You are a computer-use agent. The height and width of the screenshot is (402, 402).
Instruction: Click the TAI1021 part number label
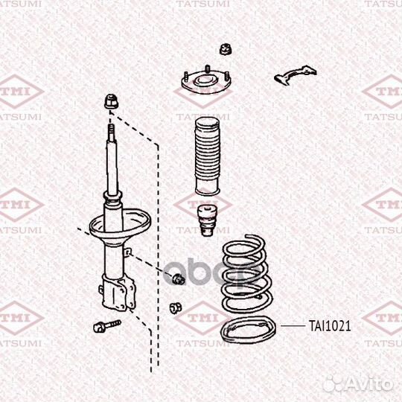[330, 326]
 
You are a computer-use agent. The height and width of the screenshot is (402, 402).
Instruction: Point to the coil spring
[246, 273]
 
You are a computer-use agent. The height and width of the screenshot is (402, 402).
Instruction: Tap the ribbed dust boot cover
[208, 156]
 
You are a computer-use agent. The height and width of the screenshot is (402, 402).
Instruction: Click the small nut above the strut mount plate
[226, 49]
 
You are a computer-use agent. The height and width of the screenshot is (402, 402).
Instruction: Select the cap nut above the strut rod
[111, 101]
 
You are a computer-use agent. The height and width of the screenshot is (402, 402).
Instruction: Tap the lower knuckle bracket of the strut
[118, 293]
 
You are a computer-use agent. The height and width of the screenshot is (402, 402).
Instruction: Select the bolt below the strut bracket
[106, 326]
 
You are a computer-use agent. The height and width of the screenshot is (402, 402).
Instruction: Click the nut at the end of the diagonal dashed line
[178, 279]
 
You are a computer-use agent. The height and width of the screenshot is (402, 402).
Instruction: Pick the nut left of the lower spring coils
[176, 307]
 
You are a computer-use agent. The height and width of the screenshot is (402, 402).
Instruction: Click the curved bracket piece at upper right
[295, 74]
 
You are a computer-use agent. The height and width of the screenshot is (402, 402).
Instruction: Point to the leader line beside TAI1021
[293, 326]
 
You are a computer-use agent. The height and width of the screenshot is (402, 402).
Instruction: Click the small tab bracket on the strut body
[128, 252]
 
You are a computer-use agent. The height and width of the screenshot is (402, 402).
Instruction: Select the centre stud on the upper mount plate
[207, 70]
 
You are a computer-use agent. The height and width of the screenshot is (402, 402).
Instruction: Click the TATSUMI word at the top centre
[202, 4]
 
